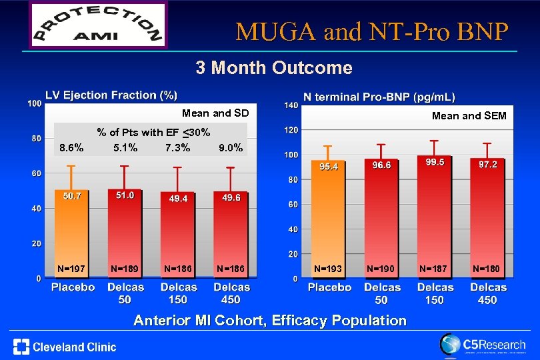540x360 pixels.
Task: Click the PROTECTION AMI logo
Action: pyautogui.click(x=97, y=25)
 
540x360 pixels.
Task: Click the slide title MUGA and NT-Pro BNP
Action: pyautogui.click(x=372, y=31)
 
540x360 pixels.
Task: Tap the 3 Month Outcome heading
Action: pyautogui.click(x=273, y=67)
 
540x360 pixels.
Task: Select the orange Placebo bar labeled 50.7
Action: pyautogui.click(x=71, y=233)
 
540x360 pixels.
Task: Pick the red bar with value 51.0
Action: pyautogui.click(x=125, y=233)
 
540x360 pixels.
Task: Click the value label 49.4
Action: pyautogui.click(x=178, y=198)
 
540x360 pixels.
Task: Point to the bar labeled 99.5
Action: pyautogui.click(x=435, y=213)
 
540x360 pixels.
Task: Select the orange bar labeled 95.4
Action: pyautogui.click(x=328, y=213)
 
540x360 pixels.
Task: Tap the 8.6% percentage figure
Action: pyautogui.click(x=71, y=147)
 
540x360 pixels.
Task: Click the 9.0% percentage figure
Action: pyautogui.click(x=230, y=147)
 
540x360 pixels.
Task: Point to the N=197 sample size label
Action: pyautogui.click(x=71, y=269)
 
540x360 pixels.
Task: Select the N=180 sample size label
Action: pyautogui.click(x=487, y=269)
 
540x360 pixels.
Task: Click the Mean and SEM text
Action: pyautogui.click(x=469, y=116)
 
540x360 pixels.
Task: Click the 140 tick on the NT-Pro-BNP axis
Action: pyautogui.click(x=290, y=105)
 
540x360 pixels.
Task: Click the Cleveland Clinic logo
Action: pyautogui.click(x=65, y=346)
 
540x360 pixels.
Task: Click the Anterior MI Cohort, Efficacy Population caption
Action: pyautogui.click(x=270, y=321)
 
